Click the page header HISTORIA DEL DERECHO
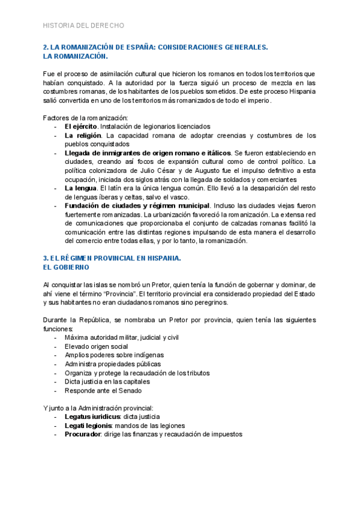[84, 26]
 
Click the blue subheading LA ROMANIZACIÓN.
[76, 56]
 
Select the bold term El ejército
[81, 127]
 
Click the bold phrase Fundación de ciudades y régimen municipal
[137, 206]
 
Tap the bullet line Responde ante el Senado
[103, 390]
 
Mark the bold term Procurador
[83, 434]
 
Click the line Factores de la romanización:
[85, 118]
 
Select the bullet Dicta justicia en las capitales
[107, 381]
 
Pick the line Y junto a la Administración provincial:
[98, 408]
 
